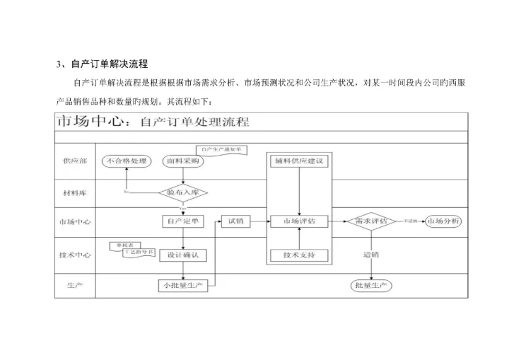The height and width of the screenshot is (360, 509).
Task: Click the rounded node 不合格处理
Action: coord(127,161)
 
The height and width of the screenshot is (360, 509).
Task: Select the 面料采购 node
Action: coord(183,161)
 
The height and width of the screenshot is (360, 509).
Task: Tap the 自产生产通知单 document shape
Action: coord(221,149)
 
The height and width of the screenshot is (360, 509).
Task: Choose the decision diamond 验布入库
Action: coord(183,192)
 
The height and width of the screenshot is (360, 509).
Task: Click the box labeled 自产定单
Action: coord(183,221)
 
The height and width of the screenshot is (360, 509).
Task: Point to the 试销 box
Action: coord(236,221)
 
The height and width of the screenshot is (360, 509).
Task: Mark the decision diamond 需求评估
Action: coord(370,221)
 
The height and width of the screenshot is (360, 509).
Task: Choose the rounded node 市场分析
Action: coord(444,221)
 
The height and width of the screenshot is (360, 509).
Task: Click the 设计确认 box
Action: coord(183,255)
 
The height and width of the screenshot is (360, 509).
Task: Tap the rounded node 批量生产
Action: coord(372,286)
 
